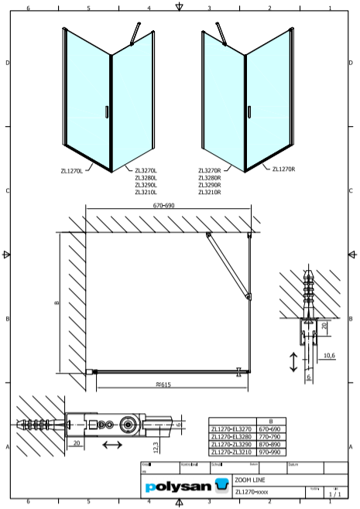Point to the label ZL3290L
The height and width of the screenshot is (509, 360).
(x=146, y=185)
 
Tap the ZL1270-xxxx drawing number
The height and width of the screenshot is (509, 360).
(x=252, y=490)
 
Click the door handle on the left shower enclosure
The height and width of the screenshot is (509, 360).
(x=105, y=111)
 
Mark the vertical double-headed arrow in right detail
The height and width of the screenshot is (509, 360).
(x=293, y=361)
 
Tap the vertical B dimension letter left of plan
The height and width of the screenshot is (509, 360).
(x=56, y=303)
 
